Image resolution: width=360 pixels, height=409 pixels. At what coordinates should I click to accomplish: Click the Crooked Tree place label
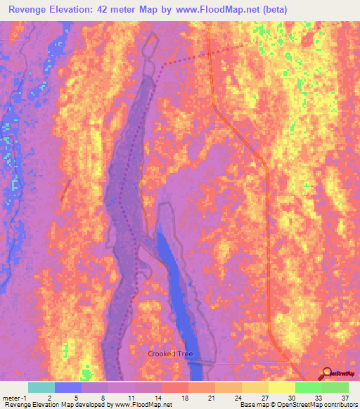(x=170, y=353)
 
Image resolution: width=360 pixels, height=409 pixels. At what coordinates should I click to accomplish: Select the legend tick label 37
(x=345, y=397)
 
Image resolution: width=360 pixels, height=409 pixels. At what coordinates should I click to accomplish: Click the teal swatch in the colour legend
(x=41, y=387)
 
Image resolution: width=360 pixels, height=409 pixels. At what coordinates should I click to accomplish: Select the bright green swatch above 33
(x=308, y=387)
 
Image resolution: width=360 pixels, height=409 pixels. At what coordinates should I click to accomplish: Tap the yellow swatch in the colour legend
(x=281, y=387)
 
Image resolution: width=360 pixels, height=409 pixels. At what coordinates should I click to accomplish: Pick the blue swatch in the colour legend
(x=68, y=387)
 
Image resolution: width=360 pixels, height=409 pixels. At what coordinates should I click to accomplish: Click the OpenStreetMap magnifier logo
(x=326, y=373)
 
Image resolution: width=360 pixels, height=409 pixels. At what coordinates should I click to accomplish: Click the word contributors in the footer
(x=337, y=405)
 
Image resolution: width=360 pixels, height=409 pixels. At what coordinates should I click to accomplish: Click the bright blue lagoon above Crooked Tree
(x=174, y=281)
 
